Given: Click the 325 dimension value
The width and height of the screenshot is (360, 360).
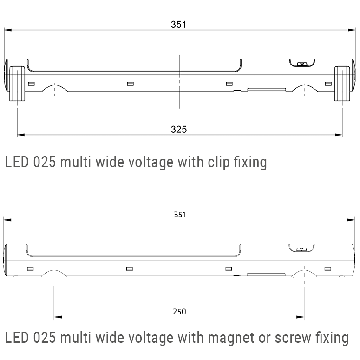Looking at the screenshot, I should click(178, 130).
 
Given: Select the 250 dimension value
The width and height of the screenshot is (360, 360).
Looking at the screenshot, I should click(179, 312).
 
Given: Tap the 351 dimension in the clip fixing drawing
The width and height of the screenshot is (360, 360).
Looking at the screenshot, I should click(178, 25).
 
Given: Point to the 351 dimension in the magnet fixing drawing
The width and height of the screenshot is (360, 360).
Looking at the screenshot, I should click(179, 215).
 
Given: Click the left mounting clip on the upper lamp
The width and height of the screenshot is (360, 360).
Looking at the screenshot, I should click(17, 82).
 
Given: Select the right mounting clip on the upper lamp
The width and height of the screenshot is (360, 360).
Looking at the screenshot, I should click(342, 82).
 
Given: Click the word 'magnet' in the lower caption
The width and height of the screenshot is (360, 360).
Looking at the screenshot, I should click(231, 337).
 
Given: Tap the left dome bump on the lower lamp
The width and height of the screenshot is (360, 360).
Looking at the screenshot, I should click(54, 274).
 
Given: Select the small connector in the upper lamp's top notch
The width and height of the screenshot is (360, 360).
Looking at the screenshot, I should click(301, 63).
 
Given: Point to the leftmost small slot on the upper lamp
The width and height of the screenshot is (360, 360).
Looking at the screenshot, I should click(31, 84).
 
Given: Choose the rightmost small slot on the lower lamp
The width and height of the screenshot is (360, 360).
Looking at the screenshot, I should click(328, 269).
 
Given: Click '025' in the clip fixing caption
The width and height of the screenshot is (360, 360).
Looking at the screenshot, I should click(46, 162).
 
